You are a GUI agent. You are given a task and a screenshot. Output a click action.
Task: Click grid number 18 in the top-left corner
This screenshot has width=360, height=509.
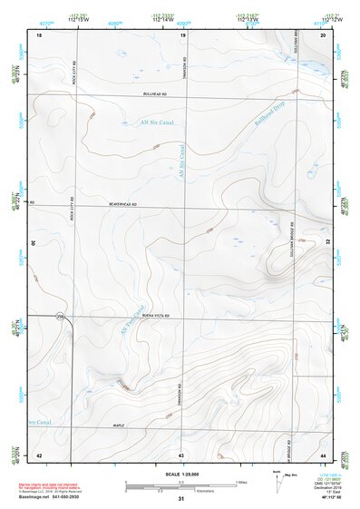pyautogui.click(x=39, y=34)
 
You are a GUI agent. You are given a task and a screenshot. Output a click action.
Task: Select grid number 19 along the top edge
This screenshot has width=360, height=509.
pyautogui.click(x=183, y=34)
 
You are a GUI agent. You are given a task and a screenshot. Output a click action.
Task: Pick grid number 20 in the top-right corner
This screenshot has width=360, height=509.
pyautogui.click(x=323, y=34)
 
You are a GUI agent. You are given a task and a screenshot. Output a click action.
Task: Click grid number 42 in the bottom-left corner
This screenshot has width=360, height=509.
pyautogui.click(x=39, y=454)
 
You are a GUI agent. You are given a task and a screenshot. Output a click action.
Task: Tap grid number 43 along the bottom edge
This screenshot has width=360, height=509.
pyautogui.click(x=181, y=454)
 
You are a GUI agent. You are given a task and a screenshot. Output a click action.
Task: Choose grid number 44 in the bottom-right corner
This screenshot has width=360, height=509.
pyautogui.click(x=323, y=454)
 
